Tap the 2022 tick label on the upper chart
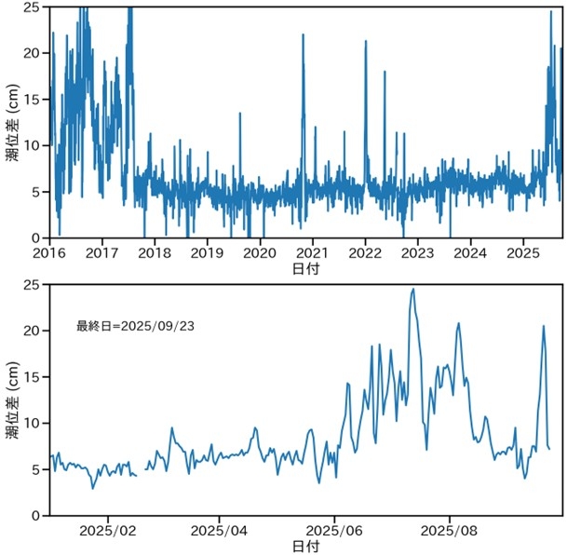(x=365, y=251)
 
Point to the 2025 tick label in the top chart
(x=523, y=251)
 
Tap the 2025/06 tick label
(x=334, y=529)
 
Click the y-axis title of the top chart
(x=12, y=122)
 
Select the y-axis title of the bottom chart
(x=12, y=399)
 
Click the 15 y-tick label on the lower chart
(x=33, y=377)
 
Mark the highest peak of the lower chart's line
(x=412, y=290)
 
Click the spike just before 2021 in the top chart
(x=303, y=35)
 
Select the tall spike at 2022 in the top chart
(x=366, y=42)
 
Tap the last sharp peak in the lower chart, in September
(x=544, y=326)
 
